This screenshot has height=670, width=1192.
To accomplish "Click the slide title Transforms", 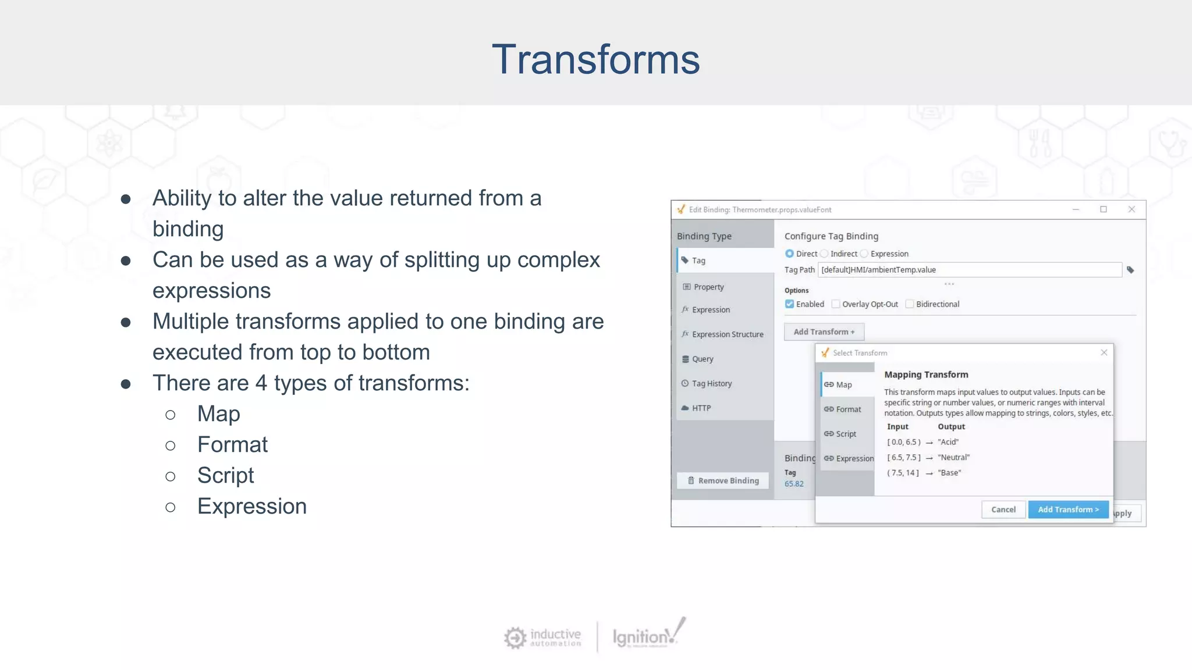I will [595, 59].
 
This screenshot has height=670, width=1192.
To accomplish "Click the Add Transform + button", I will [824, 332].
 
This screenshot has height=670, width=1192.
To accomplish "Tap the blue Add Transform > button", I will [1068, 509].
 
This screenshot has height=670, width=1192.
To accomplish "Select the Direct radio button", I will [790, 254].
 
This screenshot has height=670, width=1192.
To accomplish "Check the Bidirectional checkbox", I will [910, 304].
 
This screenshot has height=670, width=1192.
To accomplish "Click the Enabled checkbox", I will [790, 304].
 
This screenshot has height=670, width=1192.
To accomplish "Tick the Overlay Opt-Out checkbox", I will [836, 304].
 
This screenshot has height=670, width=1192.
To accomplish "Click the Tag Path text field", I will [969, 270].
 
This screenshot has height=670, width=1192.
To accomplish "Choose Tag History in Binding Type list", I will [711, 383].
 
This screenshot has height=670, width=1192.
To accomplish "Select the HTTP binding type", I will [701, 408].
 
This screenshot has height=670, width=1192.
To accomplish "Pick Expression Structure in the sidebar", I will [727, 334].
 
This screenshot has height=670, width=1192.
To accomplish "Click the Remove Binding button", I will [723, 480].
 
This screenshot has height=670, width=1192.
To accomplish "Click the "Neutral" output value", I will [953, 457].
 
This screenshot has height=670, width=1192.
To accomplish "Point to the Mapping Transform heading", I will [926, 375].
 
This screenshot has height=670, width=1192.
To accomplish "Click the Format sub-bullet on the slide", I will [232, 445].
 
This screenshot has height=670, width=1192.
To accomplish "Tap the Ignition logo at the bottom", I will [647, 635].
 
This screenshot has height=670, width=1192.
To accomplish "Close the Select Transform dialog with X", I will [1104, 352].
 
